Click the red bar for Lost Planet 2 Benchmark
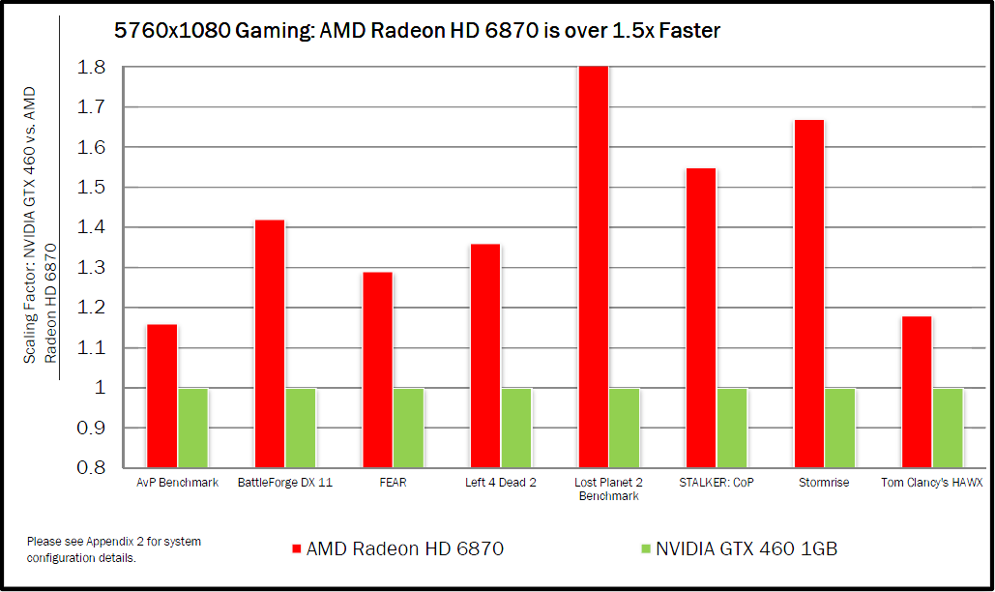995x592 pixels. [593, 266]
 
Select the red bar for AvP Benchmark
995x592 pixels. [161, 396]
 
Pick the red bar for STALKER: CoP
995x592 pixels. [701, 317]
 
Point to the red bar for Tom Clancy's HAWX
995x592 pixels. [917, 392]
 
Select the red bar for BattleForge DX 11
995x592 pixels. [270, 343]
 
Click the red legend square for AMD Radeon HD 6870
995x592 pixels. [296, 549]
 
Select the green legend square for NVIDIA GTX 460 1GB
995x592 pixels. [645, 549]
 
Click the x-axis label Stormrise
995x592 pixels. [824, 483]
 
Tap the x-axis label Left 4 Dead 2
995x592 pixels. [500, 483]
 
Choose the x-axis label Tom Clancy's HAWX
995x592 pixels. [931, 483]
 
